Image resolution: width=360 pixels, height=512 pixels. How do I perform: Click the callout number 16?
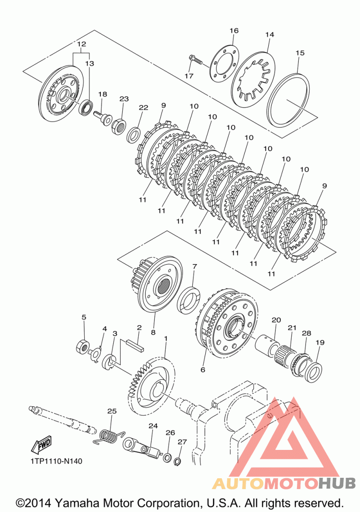[234, 31]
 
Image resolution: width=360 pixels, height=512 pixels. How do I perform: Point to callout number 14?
[270, 35]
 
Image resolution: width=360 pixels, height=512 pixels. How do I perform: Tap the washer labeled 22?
[134, 135]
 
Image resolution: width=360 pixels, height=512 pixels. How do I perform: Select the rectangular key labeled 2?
[135, 346]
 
